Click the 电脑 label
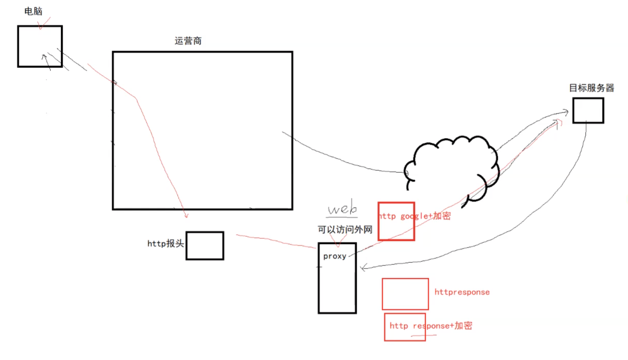pyautogui.click(x=33, y=11)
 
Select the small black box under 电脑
pyautogui.click(x=40, y=46)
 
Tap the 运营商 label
pyautogui.click(x=188, y=41)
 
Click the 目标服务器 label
pyautogui.click(x=592, y=87)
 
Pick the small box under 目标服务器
pyautogui.click(x=588, y=110)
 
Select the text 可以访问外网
pyautogui.click(x=345, y=230)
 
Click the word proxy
pyautogui.click(x=335, y=256)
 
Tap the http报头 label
pyautogui.click(x=165, y=244)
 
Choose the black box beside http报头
pyautogui.click(x=204, y=245)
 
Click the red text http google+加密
pyautogui.click(x=414, y=216)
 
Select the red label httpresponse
pyautogui.click(x=462, y=292)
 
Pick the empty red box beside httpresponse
pyautogui.click(x=405, y=294)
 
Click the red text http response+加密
pyautogui.click(x=431, y=326)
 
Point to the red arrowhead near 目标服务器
pyautogui.click(x=559, y=121)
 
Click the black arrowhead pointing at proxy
pyautogui.click(x=362, y=268)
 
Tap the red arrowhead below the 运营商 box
pyautogui.click(x=186, y=216)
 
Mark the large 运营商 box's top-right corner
pyautogui.click(x=292, y=52)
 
